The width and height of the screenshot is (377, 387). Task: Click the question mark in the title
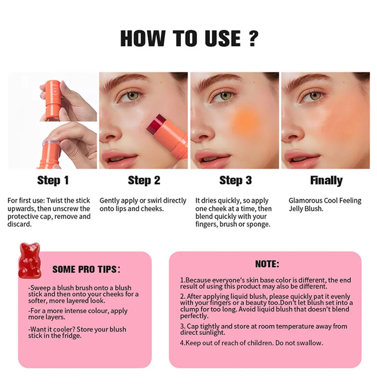[252, 38]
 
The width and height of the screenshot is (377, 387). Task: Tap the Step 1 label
[53, 180]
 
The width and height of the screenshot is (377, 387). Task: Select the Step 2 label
[144, 180]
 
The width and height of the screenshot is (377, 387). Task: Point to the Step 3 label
[235, 180]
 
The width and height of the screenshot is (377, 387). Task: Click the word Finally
[326, 180]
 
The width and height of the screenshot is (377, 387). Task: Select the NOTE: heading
[267, 264]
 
